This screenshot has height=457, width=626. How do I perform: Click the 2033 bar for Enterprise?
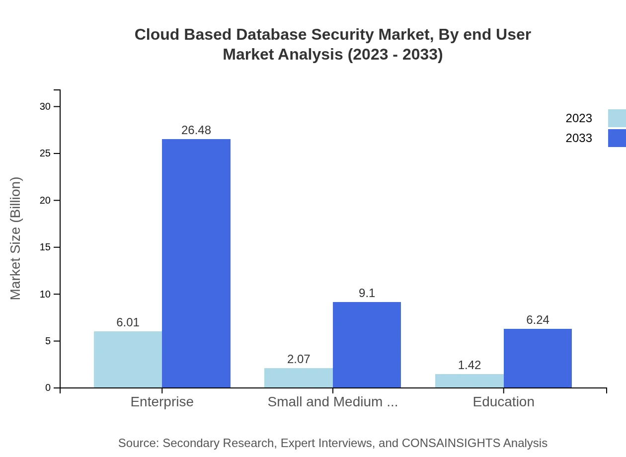196,263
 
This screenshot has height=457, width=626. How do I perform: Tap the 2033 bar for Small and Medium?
367,345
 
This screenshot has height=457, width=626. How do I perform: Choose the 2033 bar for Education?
538,358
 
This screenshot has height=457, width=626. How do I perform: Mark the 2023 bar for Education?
469,381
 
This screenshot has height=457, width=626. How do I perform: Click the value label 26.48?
196,130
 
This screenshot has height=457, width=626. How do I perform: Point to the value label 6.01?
128,322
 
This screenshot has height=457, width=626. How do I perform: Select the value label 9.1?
367,293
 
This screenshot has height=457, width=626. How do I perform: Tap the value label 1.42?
469,365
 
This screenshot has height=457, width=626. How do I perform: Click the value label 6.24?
538,320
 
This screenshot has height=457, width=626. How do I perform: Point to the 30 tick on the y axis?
45,106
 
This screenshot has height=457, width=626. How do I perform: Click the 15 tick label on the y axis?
45,247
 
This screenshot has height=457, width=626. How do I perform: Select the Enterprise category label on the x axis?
162,402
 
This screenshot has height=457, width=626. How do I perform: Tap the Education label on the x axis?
503,402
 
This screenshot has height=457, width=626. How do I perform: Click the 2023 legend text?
579,118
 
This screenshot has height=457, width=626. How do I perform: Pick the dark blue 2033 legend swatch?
617,138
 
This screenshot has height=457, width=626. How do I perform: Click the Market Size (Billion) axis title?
16,238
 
